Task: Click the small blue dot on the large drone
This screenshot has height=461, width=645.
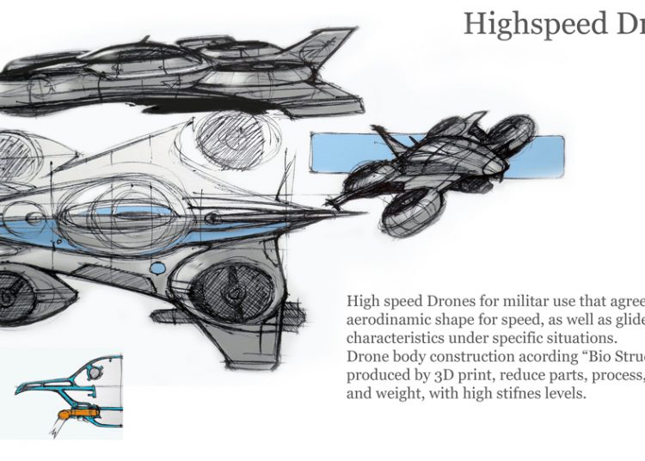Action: (157, 269)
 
